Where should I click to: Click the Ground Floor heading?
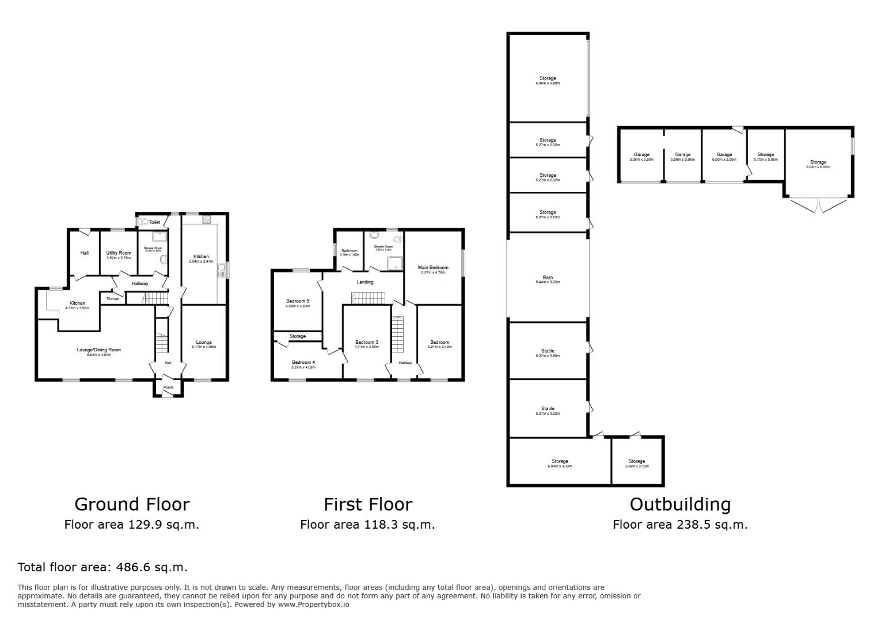point(132,505)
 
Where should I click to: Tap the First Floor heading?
point(367,505)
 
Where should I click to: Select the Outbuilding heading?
point(680,505)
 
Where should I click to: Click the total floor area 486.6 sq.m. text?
point(102,567)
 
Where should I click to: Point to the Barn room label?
point(548,278)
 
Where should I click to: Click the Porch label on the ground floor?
point(168,387)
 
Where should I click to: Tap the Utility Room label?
point(119,253)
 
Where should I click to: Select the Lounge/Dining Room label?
point(99,350)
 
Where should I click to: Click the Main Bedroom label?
point(433,267)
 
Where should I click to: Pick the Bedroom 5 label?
point(298,301)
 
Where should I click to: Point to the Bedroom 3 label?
point(367,342)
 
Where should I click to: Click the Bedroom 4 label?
point(303,362)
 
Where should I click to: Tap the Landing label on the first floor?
point(365,282)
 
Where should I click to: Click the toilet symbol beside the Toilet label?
point(143,222)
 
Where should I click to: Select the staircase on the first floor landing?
point(368,298)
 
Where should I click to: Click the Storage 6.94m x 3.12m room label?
point(560,461)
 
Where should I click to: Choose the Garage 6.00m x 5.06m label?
point(724,154)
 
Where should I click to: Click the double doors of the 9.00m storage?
point(818,205)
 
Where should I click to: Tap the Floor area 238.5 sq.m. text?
point(680,525)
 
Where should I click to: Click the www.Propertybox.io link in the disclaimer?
point(314,605)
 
